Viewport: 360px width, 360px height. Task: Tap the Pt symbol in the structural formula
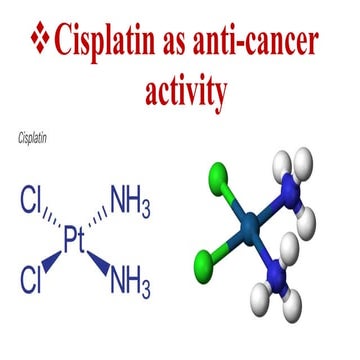[79, 241]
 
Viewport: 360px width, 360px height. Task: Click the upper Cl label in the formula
[32, 208]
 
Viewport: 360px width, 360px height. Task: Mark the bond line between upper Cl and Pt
[56, 224]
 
